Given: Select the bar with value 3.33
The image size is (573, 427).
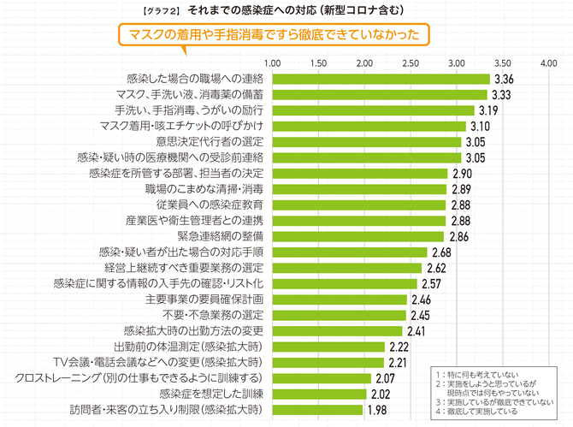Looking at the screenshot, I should (380, 95).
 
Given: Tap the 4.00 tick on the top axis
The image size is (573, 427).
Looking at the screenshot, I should (548, 63).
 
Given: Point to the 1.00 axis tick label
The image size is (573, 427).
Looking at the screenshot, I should (273, 63).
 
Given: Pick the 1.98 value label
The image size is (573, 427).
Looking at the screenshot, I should (376, 410).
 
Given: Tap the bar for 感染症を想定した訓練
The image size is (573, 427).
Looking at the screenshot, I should (319, 394).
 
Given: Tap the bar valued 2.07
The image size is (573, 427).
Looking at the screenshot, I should (322, 378).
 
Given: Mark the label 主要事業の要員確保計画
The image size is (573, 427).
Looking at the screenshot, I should (209, 299).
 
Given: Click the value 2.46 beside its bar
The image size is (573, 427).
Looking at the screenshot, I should (421, 299).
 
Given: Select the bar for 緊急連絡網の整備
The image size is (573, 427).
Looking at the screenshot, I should (358, 236).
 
